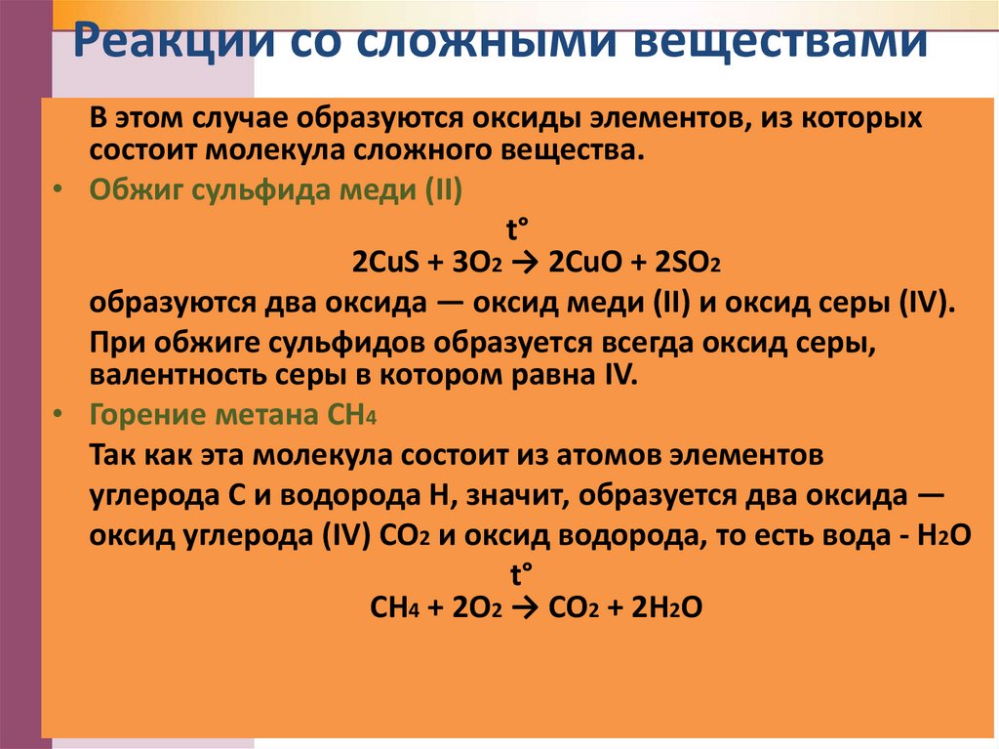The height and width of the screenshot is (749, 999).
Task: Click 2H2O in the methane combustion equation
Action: [x=667, y=607]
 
